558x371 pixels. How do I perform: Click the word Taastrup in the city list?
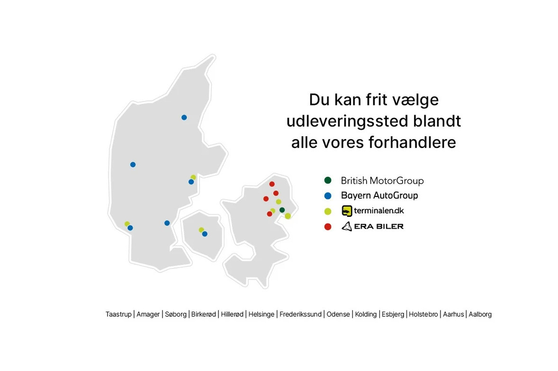pyautogui.click(x=118, y=314)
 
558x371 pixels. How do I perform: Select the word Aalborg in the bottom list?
pyautogui.click(x=480, y=314)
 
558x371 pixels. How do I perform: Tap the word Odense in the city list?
pyautogui.click(x=338, y=314)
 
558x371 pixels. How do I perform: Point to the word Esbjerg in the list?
pyautogui.click(x=393, y=314)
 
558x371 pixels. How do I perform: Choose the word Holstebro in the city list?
pyautogui.click(x=423, y=314)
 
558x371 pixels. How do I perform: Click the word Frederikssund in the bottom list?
pyautogui.click(x=300, y=314)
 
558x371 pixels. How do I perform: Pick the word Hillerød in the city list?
pyautogui.click(x=232, y=314)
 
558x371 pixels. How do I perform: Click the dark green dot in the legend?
pyautogui.click(x=327, y=180)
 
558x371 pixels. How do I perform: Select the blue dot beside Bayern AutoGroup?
pyautogui.click(x=327, y=195)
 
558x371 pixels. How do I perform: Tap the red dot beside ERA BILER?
pyautogui.click(x=327, y=227)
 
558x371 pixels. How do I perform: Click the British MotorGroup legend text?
pyautogui.click(x=382, y=181)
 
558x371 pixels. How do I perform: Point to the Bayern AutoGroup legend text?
pyautogui.click(x=379, y=195)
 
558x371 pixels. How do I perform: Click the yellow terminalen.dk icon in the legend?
pyautogui.click(x=347, y=211)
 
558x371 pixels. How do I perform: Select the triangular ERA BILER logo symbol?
pyautogui.click(x=346, y=226)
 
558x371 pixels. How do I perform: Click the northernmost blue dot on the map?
pyautogui.click(x=184, y=117)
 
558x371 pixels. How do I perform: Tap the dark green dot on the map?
pyautogui.click(x=282, y=210)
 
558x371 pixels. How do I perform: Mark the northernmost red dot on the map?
pyautogui.click(x=272, y=184)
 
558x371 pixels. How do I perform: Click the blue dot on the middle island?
pyautogui.click(x=205, y=233)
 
